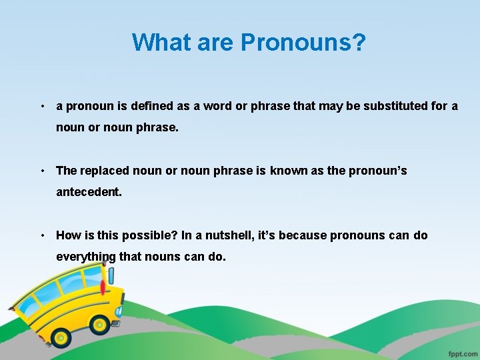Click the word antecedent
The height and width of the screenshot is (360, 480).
click(x=89, y=192)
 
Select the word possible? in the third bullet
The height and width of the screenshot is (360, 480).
click(x=137, y=235)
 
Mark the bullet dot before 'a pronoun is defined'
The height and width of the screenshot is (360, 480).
click(x=42, y=107)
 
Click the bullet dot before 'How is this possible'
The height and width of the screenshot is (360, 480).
click(x=42, y=236)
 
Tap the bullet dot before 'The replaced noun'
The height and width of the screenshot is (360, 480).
click(x=42, y=171)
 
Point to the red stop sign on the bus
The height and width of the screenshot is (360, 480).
click(x=102, y=288)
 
